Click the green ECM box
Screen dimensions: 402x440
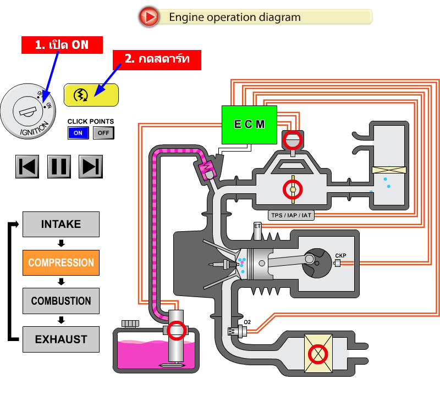click(249, 124)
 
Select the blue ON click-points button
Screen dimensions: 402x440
click(78, 133)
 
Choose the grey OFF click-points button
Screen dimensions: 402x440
click(103, 133)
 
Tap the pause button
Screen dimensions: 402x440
click(59, 166)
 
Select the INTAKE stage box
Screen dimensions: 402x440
click(61, 224)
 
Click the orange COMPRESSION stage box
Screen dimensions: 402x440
click(61, 263)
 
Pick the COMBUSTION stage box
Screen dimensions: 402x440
click(61, 301)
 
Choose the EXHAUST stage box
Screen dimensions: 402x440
click(61, 339)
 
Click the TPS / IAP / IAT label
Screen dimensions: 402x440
click(291, 215)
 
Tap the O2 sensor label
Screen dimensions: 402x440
click(248, 321)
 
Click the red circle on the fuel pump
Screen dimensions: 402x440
click(177, 330)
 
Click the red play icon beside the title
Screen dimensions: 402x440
click(148, 17)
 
